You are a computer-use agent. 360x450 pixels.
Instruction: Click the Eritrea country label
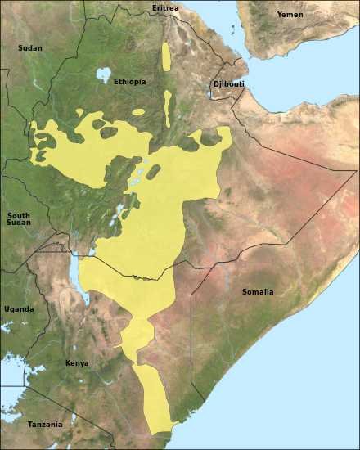pos(165,8)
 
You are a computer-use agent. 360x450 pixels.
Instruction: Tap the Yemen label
pos(290,15)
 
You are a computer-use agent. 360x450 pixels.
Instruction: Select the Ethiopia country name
pos(130,82)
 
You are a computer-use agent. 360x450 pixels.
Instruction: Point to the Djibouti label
pos(228,84)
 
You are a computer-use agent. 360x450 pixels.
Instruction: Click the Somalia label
pos(258,292)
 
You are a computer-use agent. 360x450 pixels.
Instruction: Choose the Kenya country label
pos(77,363)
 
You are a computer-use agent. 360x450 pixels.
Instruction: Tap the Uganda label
pos(19,309)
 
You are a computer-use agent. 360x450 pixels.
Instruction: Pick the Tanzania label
pos(45,425)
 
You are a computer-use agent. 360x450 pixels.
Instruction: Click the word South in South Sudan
pos(19,215)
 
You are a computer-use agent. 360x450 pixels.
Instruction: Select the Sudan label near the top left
pos(29,48)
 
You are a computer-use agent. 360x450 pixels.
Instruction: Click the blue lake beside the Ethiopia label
pos(103,75)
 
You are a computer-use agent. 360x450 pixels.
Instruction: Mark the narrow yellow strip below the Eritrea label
pos(166,56)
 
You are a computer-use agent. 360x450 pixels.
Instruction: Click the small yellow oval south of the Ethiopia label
pos(138,111)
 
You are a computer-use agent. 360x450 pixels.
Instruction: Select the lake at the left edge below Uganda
pos(7,327)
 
